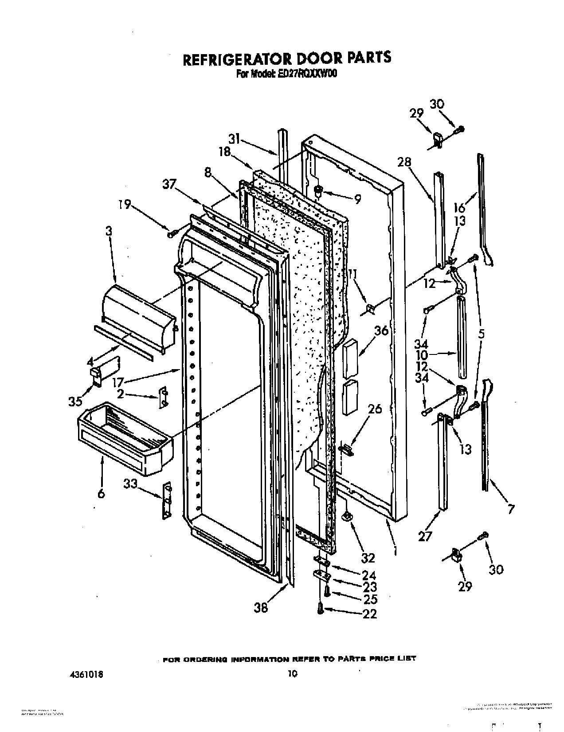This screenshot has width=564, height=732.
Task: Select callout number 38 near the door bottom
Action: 261,607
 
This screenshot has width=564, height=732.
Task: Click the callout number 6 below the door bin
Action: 101,493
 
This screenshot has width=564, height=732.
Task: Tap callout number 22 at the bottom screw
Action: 369,614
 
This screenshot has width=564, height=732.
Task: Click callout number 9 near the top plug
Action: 357,199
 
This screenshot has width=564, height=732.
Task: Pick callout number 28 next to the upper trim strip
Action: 404,162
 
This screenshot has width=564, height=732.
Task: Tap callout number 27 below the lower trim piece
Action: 424,536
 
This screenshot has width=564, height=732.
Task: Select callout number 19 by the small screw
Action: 125,205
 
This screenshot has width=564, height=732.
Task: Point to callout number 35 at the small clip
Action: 76,401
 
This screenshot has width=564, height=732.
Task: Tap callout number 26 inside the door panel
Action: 375,408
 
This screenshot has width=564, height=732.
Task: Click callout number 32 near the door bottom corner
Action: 368,557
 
